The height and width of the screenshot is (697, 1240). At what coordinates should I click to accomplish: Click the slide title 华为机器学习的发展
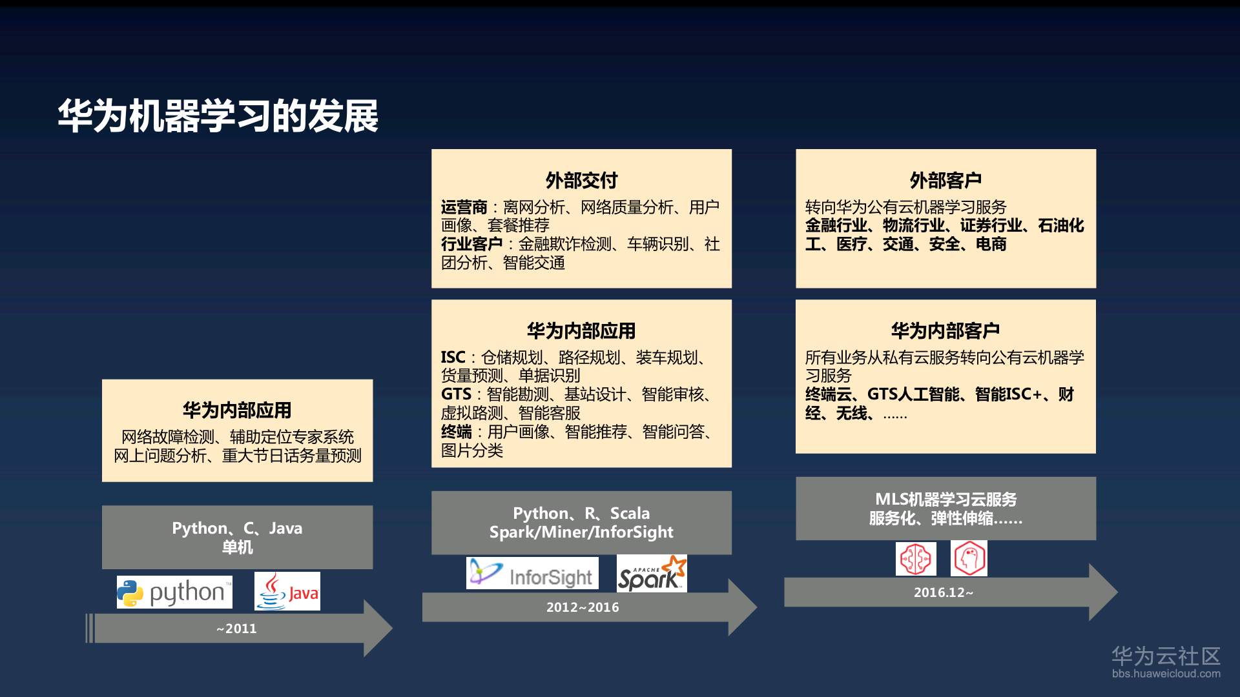pos(218,117)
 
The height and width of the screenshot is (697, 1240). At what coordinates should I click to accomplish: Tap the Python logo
pos(174,592)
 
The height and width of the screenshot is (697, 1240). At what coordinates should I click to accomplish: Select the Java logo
pos(287,591)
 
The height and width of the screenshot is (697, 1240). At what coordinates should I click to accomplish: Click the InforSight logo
pos(532,573)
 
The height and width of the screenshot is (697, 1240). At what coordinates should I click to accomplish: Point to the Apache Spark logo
pos(652,573)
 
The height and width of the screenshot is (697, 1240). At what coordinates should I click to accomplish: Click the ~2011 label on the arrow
pos(236,629)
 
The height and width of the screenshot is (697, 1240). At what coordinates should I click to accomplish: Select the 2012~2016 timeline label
pos(583,607)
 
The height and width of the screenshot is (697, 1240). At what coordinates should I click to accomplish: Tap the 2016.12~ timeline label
pos(943,592)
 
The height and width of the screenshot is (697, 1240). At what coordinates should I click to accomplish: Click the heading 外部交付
pos(581,180)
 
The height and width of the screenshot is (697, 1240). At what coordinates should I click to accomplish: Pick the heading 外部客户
pos(945,180)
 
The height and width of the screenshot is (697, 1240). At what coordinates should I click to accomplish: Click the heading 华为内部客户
pos(945,330)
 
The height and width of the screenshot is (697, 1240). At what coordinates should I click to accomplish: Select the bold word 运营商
pos(464,207)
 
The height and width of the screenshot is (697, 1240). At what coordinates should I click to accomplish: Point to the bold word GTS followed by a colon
pos(456,394)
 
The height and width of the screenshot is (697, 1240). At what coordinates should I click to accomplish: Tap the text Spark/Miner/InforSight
pos(581,532)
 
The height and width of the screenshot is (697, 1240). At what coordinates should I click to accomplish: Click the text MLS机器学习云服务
pos(945,499)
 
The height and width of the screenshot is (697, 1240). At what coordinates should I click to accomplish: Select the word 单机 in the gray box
pos(237,547)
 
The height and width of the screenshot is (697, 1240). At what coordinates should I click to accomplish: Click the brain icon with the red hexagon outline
pos(916,559)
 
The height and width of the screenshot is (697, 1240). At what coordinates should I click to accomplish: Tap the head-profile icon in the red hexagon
pos(969,558)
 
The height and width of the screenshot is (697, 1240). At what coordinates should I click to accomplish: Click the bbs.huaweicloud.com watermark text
pos(1166,674)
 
